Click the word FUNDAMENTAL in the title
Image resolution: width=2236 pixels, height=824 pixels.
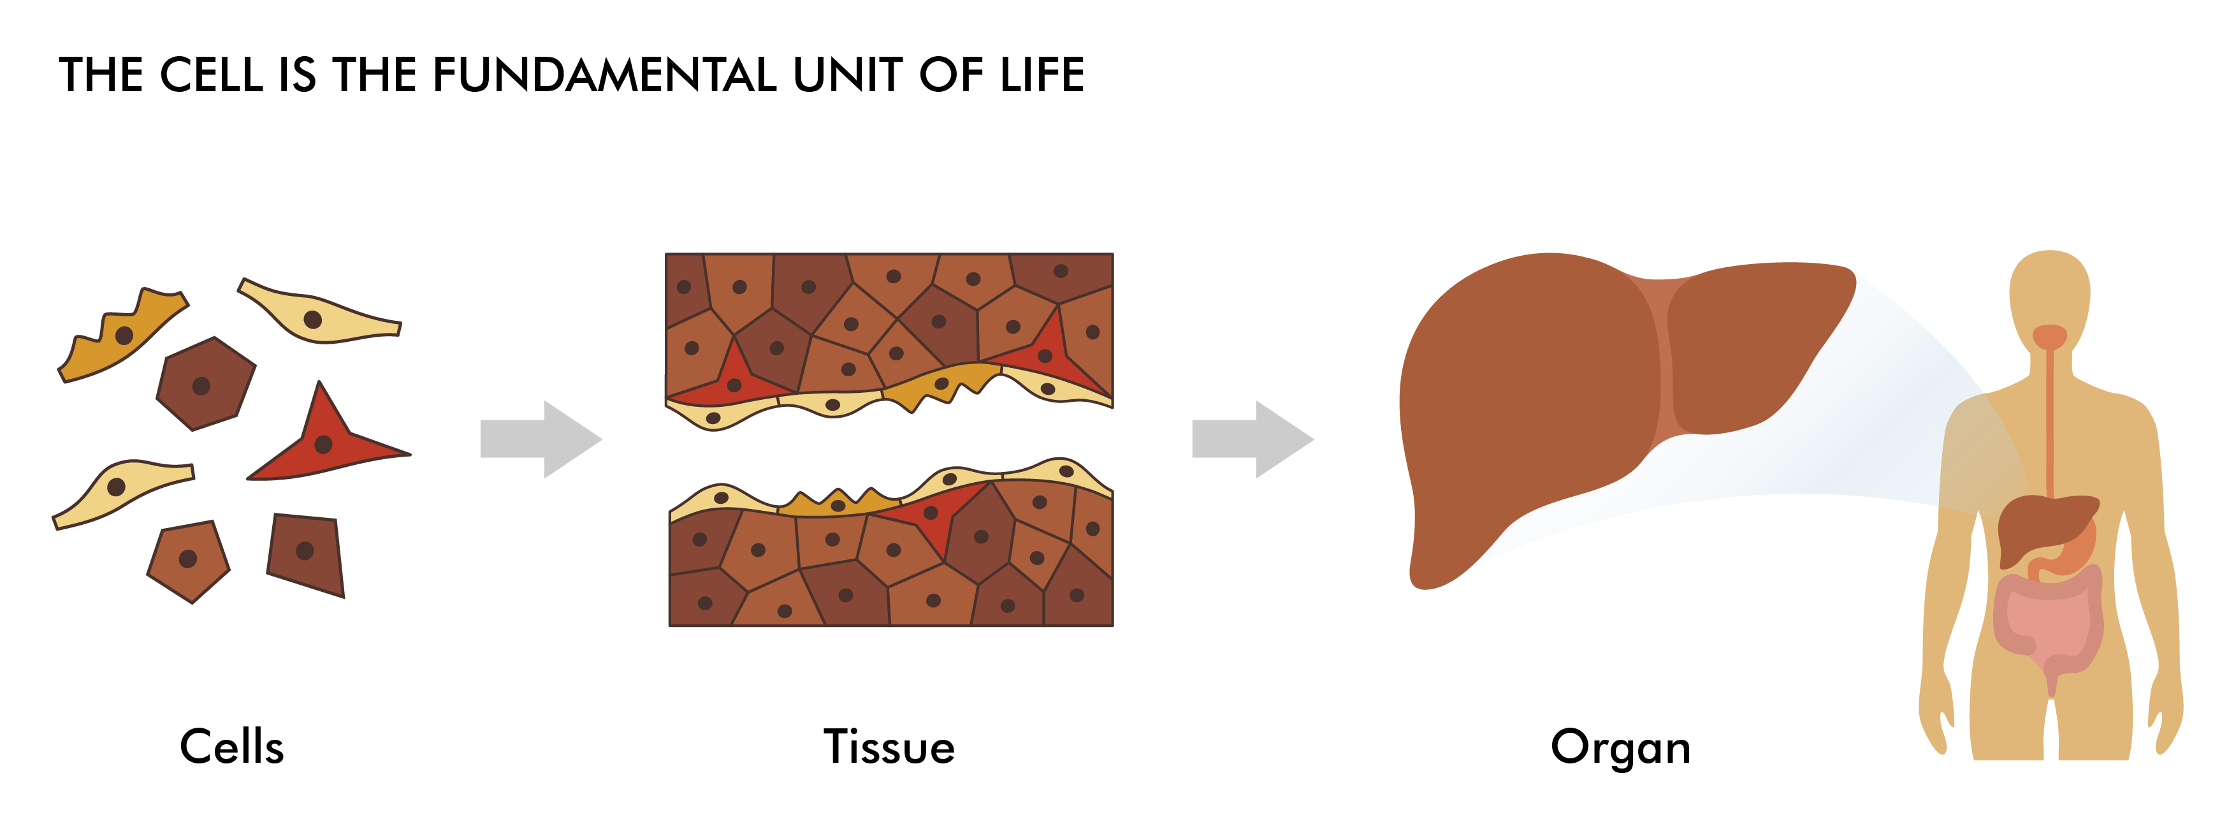604,75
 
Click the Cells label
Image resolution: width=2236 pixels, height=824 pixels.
232,747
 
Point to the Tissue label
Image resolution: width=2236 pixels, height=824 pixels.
889,747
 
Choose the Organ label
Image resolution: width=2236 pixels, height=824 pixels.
1620,747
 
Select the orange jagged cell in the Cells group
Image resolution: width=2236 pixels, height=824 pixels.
122,339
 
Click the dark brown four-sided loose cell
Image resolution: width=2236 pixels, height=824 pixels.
305,553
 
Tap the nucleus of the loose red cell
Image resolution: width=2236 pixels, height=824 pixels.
324,445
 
